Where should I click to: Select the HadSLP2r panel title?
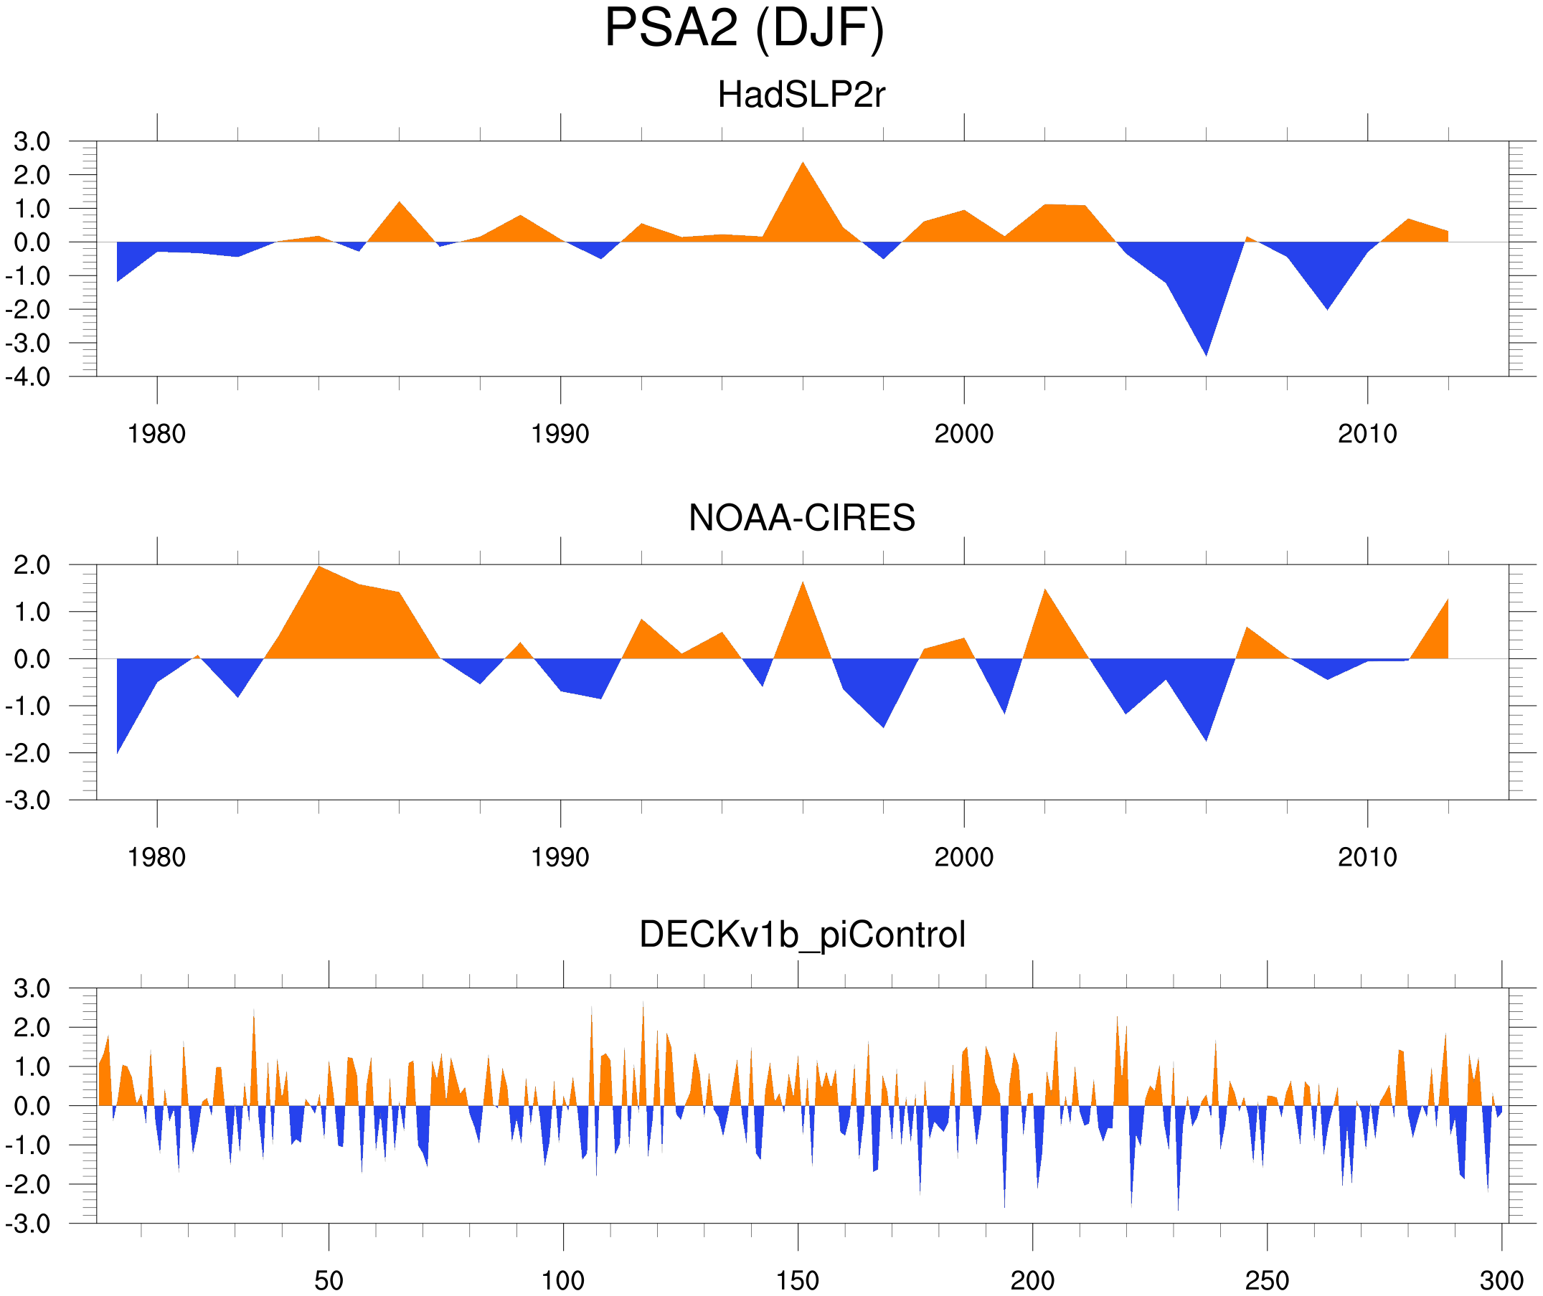[801, 95]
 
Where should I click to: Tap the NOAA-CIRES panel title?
[801, 518]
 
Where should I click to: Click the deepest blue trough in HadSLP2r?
[1206, 353]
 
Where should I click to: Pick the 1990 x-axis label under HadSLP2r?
[560, 434]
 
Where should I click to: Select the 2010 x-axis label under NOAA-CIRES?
[1367, 857]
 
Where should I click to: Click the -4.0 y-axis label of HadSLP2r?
[28, 378]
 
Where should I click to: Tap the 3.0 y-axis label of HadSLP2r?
[32, 142]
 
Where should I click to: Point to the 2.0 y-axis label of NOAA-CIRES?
[32, 566]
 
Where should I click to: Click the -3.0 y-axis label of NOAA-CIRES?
[28, 801]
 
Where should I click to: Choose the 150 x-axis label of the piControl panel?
[797, 1280]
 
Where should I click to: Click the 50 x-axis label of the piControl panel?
[329, 1280]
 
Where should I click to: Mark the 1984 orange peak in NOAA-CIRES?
[319, 569]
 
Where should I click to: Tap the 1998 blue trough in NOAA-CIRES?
[883, 724]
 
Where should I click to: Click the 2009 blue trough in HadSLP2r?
[1327, 307]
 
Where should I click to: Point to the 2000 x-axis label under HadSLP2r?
[963, 434]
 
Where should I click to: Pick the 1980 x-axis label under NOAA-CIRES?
[156, 857]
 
